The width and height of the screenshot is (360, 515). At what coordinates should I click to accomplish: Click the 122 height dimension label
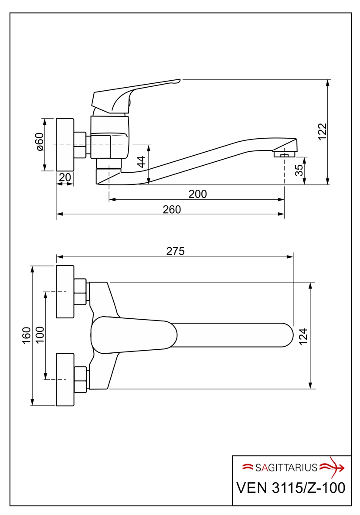coord(322,132)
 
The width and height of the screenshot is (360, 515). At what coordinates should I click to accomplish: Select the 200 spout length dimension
coord(197,194)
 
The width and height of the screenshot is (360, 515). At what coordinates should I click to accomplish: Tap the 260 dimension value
coord(172,209)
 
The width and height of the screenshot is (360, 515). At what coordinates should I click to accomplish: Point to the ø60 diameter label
coord(40,142)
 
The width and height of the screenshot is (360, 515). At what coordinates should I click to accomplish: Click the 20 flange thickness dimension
coord(65,177)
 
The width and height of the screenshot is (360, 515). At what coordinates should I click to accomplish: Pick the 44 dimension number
coord(141,162)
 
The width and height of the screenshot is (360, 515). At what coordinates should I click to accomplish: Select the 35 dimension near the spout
coord(299,170)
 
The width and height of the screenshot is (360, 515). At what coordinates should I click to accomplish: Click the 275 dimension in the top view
coord(175,251)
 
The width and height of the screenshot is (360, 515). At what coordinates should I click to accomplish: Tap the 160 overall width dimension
coord(27,335)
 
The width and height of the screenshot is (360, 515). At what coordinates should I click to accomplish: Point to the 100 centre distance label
coord(40,335)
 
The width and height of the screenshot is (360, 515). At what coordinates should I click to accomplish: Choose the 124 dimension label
coord(304,336)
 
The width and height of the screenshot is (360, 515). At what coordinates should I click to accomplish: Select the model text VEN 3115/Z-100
coord(291,488)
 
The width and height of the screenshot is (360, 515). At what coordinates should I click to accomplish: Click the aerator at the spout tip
coord(284,153)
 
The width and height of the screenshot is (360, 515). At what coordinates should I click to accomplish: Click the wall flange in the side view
coord(65,144)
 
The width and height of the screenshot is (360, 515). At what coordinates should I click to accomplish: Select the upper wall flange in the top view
coord(65,291)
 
